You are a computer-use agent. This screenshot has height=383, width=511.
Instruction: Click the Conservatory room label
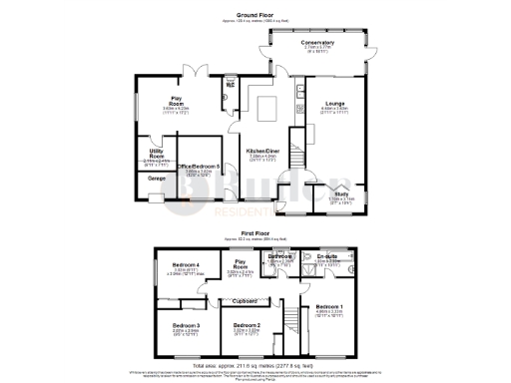[317, 43]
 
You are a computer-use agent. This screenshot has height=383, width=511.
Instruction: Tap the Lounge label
[333, 104]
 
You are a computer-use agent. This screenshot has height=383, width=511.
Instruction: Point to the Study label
[340, 193]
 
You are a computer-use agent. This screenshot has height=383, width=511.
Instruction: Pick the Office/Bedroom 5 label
[199, 167]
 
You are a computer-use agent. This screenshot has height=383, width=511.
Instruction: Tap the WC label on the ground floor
[230, 85]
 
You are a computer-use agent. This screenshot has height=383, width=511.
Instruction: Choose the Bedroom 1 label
[330, 305]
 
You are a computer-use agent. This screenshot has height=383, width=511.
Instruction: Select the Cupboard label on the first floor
[246, 301]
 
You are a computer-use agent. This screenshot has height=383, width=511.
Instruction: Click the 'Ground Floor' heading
[255, 14]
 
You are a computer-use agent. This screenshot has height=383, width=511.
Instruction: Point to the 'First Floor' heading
[255, 231]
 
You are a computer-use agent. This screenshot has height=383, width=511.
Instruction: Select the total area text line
[255, 365]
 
